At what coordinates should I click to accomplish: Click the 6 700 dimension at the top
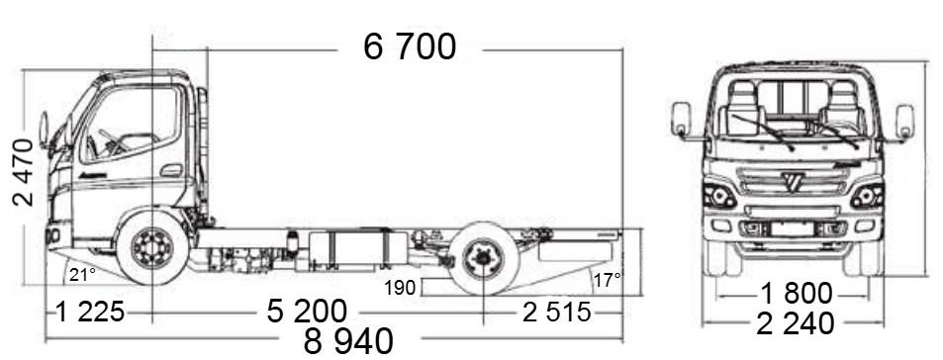pyautogui.click(x=410, y=46)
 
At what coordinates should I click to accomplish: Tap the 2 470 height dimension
pyautogui.click(x=23, y=172)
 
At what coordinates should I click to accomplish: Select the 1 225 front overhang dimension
pyautogui.click(x=90, y=313)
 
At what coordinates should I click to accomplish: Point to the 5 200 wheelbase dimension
pyautogui.click(x=307, y=312)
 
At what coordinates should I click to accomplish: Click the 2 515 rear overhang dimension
pyautogui.click(x=556, y=313)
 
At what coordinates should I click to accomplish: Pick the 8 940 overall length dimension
pyautogui.click(x=348, y=341)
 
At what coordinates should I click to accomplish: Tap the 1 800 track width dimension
pyautogui.click(x=797, y=294)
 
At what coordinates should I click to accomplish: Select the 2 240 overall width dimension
pyautogui.click(x=795, y=324)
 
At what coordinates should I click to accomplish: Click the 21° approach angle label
pyautogui.click(x=82, y=275)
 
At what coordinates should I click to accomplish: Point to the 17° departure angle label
pyautogui.click(x=607, y=280)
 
